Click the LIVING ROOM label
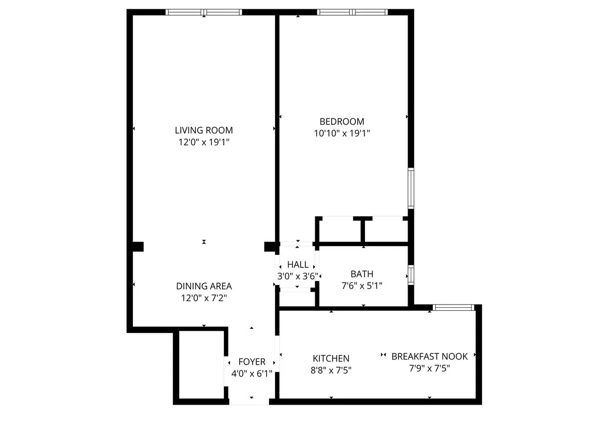204,130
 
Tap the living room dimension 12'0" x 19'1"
204,142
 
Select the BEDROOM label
342,122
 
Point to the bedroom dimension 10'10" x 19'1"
342,133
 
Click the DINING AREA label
204,286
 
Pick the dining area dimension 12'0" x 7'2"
204,298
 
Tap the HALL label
298,265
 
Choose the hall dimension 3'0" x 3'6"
298,276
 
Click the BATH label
362,274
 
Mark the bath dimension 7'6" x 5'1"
362,286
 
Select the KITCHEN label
331,358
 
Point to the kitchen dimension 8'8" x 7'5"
331,370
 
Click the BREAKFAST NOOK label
430,356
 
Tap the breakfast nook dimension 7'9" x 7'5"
430,368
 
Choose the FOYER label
252,362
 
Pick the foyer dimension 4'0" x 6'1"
252,373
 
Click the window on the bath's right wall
411,274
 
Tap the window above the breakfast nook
452,307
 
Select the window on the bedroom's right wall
411,188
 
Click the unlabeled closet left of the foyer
201,365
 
